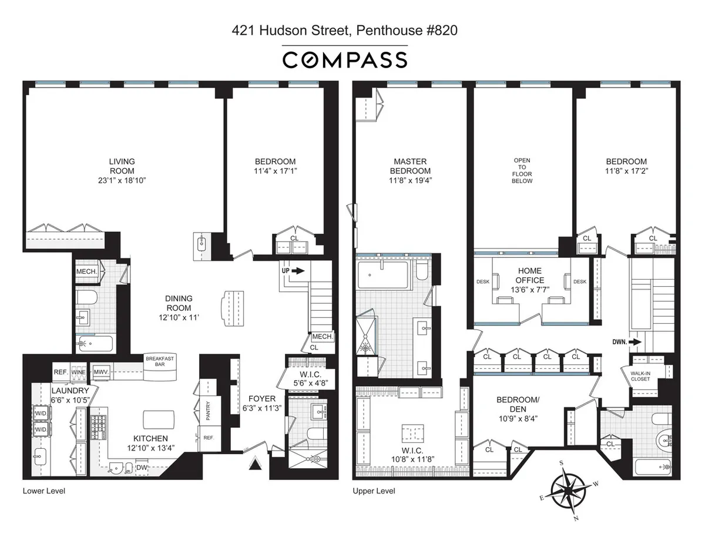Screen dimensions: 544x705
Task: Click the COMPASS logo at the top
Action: [x=344, y=60]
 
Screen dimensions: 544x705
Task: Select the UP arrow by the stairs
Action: [x=293, y=271]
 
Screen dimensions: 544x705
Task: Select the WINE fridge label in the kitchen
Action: [x=79, y=372]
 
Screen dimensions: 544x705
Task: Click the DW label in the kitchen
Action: [x=142, y=468]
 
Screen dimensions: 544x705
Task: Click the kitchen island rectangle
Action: [x=159, y=419]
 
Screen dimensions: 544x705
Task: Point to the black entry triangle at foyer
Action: [x=254, y=465]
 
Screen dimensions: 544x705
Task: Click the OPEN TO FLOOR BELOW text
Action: [x=522, y=170]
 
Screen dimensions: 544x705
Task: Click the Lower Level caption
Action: [x=44, y=491]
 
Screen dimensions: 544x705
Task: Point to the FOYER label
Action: [x=261, y=399]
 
